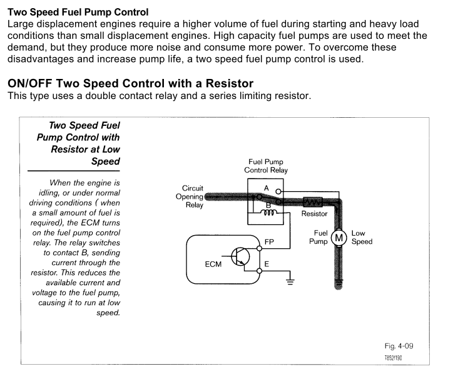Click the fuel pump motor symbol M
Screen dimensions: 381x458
click(x=338, y=237)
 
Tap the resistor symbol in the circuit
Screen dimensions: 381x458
click(x=312, y=202)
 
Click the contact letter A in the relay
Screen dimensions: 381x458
click(x=266, y=188)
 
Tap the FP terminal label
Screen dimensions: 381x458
click(x=269, y=241)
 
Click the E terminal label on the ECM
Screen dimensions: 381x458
click(x=267, y=264)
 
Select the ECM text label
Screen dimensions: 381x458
click(x=213, y=264)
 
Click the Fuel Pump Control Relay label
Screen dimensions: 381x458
click(x=266, y=166)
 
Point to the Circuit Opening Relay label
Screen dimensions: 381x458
click(x=192, y=196)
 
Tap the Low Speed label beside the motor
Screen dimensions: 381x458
click(x=362, y=237)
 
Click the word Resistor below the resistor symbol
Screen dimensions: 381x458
click(x=314, y=214)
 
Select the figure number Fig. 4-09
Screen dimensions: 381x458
click(x=399, y=346)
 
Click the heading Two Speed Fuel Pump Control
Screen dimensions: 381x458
click(x=78, y=12)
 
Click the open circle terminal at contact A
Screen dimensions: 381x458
click(x=279, y=192)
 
